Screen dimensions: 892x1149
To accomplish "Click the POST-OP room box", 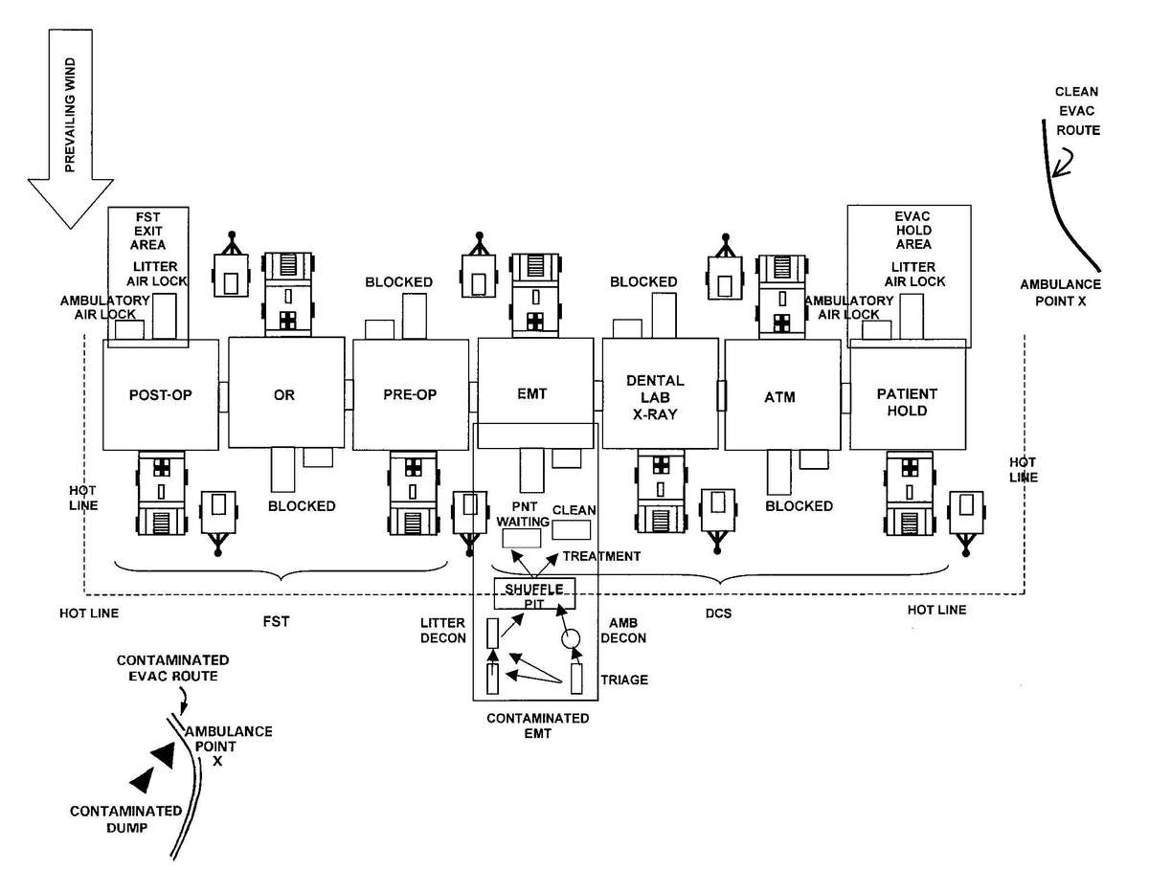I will [161, 394].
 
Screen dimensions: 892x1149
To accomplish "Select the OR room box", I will [284, 394].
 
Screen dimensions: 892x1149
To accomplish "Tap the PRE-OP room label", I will [409, 394].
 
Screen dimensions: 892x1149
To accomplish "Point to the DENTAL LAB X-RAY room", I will [659, 393].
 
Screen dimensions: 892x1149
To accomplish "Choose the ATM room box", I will [781, 394].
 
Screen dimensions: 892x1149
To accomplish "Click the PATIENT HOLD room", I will [907, 402].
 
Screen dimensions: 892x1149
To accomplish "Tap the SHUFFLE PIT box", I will [533, 594].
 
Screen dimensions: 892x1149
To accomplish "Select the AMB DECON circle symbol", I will [572, 638].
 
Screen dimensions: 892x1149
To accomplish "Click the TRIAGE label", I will [624, 680].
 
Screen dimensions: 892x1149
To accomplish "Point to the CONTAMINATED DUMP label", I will [125, 819].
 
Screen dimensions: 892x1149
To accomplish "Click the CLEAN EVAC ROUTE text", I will [1076, 111].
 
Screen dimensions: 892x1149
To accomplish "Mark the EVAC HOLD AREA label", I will [907, 231].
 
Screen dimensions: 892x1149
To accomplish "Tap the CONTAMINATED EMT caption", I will [537, 726].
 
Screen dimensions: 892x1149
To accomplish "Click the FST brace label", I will [275, 621].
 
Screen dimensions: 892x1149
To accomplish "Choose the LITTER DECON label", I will [442, 631].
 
